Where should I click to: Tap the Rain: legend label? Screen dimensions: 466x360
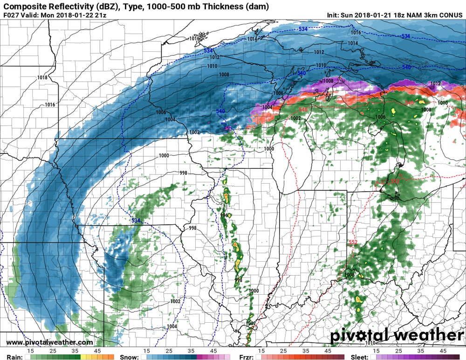(13, 357)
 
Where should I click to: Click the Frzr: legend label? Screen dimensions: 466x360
(247, 357)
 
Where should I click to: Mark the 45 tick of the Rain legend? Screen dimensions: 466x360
(98, 350)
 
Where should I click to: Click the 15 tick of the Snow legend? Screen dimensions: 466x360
(146, 350)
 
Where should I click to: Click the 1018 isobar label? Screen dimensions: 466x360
(43, 77)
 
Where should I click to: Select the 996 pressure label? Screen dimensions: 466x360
(223, 215)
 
